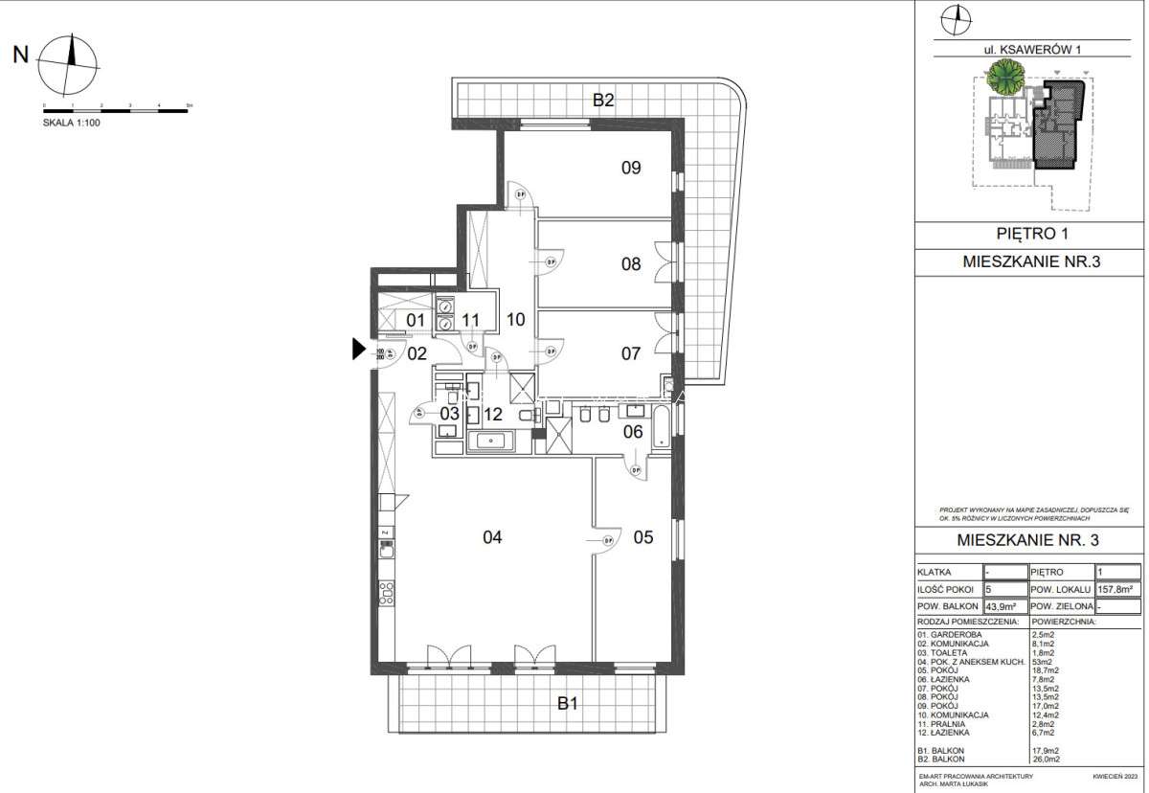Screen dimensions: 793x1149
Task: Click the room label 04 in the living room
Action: pos(492,537)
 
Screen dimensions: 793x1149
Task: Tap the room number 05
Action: pos(642,537)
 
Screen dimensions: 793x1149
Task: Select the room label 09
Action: pos(630,169)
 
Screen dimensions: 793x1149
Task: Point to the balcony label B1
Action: pos(568,704)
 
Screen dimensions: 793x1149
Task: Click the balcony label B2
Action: pos(602,98)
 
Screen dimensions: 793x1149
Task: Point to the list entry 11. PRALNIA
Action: pos(944,724)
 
